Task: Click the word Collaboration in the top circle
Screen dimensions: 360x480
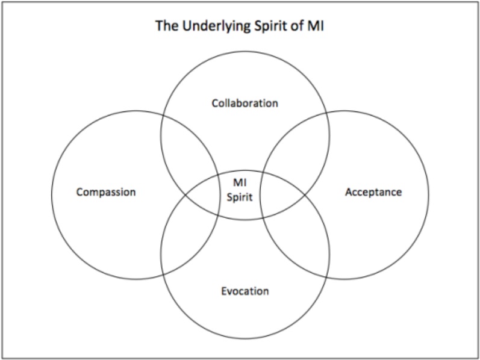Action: [x=245, y=103]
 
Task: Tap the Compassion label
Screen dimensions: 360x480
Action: [x=106, y=192]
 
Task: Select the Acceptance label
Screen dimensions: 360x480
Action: [x=373, y=192]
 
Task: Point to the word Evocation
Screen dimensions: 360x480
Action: [x=245, y=291]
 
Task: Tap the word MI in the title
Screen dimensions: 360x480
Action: [x=316, y=26]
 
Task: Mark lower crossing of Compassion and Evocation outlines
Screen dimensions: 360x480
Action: [x=164, y=274]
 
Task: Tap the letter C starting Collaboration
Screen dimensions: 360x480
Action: [x=214, y=103]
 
